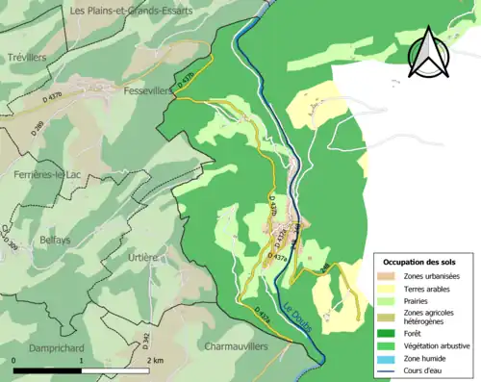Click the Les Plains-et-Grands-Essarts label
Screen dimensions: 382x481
[131, 10]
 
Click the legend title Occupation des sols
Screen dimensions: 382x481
[426, 262]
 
